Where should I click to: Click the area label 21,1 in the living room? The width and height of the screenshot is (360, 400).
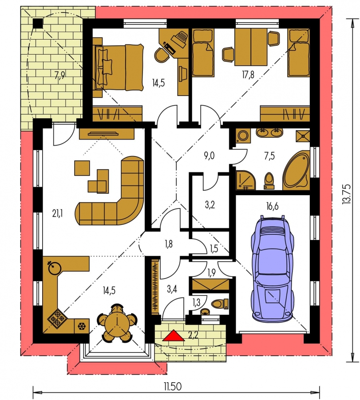tap(57, 213)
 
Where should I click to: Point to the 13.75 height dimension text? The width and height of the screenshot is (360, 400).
tap(347, 194)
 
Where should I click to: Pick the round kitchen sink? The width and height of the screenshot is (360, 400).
tap(54, 268)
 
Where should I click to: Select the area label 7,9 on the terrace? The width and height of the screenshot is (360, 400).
tap(60, 75)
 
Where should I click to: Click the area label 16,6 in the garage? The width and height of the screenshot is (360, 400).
tap(272, 206)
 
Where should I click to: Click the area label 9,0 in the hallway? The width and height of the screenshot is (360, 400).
tap(209, 156)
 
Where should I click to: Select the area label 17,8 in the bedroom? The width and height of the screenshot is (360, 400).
tap(248, 75)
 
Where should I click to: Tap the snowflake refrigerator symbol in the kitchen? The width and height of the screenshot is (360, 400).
tap(82, 326)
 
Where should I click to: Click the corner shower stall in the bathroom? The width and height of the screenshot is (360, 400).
tap(245, 180)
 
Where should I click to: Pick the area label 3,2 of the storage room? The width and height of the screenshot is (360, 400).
tap(210, 205)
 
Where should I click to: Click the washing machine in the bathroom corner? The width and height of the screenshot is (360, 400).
tap(243, 136)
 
